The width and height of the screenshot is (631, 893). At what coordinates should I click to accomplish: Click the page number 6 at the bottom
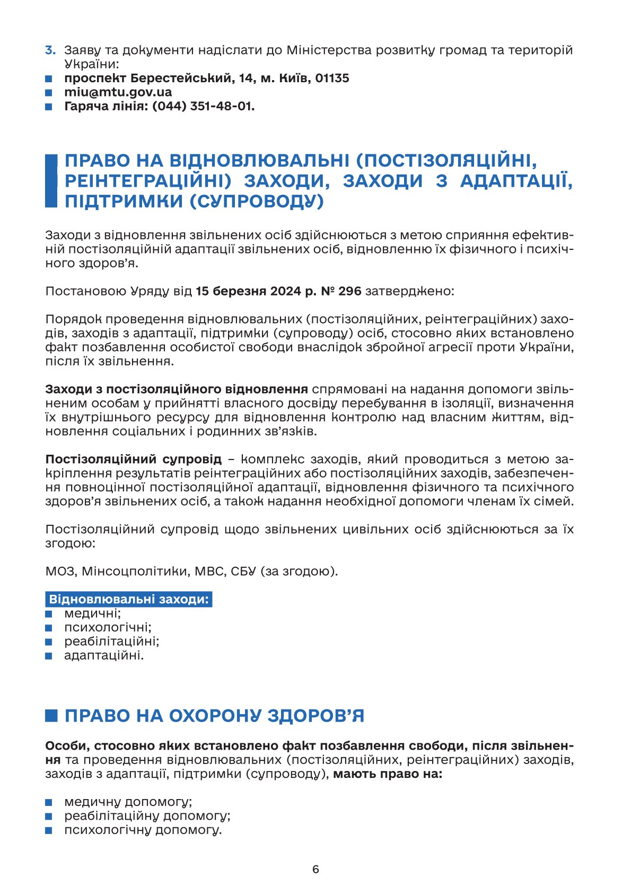315,869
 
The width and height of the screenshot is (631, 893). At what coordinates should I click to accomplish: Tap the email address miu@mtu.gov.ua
118,92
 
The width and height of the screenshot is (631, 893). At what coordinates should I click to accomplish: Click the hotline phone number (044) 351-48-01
203,106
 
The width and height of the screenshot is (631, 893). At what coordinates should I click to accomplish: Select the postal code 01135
332,79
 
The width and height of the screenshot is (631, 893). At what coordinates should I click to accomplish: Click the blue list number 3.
50,50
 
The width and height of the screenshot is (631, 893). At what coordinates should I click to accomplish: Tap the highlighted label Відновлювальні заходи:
128,600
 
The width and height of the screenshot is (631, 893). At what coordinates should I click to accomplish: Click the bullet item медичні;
92,614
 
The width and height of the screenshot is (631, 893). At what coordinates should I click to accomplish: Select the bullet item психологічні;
108,628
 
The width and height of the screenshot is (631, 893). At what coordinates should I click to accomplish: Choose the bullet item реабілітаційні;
111,641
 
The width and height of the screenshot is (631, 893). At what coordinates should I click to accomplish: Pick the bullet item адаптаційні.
104,655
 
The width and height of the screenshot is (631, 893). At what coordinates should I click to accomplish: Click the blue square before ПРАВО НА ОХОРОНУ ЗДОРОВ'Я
51,716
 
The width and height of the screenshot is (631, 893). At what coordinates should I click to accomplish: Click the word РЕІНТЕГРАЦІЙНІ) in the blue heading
148,181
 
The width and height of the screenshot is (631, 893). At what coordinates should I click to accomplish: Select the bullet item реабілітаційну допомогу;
147,816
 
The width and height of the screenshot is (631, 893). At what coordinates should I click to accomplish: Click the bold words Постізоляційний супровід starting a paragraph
134,459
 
